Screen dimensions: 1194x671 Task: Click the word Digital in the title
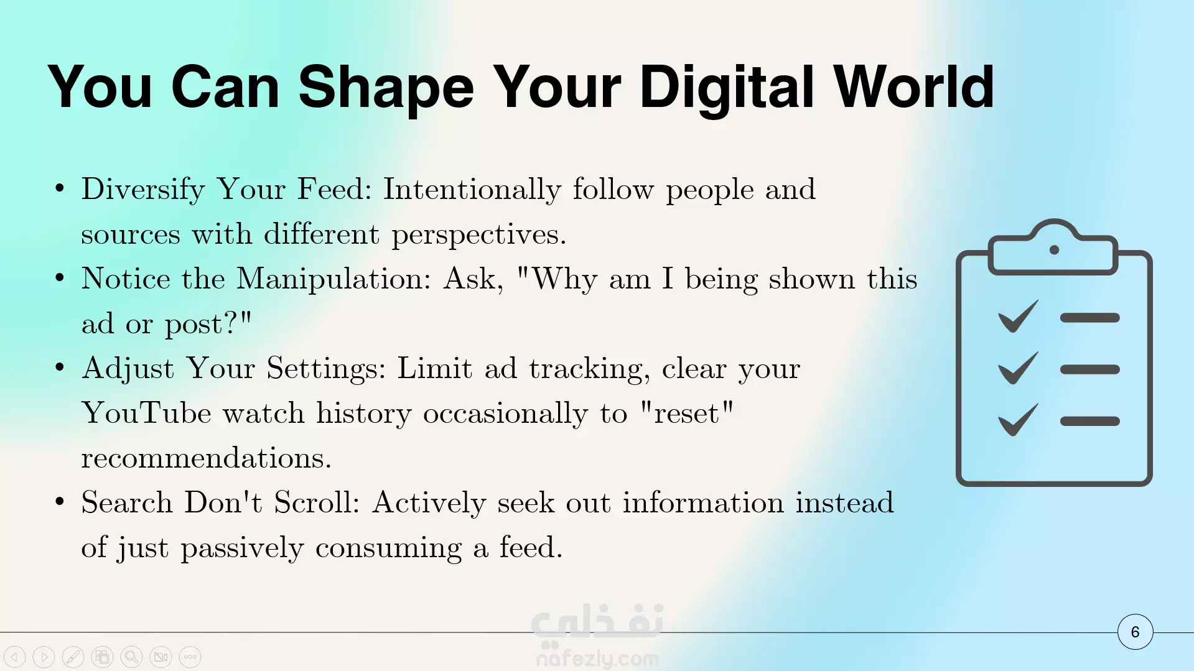pos(727,88)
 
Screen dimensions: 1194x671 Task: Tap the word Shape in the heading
pos(386,88)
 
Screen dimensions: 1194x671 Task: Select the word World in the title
pos(914,87)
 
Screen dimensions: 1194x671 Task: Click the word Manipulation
pos(333,279)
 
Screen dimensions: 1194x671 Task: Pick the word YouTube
pos(147,413)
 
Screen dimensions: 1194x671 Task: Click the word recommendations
pos(206,458)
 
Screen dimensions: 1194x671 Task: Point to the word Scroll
pos(317,502)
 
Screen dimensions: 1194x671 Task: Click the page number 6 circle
pos(1135,632)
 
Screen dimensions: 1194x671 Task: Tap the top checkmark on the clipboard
pos(1018,317)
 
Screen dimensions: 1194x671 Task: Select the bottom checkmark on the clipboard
pos(1018,420)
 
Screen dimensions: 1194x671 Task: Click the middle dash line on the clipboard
pos(1089,369)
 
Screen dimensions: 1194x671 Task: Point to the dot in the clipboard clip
pos(1054,250)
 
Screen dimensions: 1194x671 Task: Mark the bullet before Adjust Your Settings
pos(60,368)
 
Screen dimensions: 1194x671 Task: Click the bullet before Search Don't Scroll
pos(60,501)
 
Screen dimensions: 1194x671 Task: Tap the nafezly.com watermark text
pos(597,658)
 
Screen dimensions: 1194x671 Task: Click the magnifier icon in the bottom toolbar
pos(131,657)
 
